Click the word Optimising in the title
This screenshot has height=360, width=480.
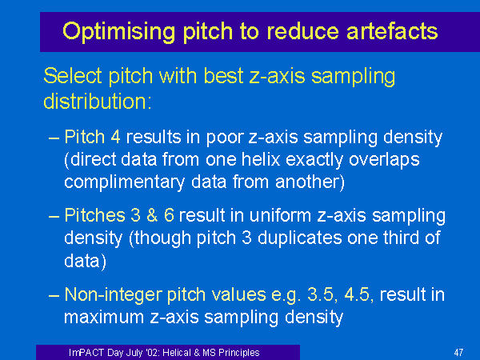(x=118, y=32)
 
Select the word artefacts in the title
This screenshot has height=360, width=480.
(x=392, y=31)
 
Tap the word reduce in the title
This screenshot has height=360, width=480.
(x=302, y=31)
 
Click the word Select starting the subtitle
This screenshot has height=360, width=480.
(x=73, y=76)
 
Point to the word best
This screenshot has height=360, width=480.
(x=223, y=76)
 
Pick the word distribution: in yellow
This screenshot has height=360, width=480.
(x=98, y=101)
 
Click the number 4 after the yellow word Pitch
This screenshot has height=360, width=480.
(x=115, y=137)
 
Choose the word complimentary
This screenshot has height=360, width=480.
(x=124, y=182)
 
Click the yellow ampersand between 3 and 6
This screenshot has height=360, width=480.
(x=152, y=215)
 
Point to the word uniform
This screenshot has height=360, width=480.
(x=281, y=215)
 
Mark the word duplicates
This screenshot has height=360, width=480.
(x=299, y=238)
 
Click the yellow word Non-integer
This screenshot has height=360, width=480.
(x=114, y=295)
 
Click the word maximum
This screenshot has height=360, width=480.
(x=104, y=317)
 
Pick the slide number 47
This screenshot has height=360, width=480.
(x=458, y=353)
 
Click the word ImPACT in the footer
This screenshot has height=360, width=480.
(x=86, y=353)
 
